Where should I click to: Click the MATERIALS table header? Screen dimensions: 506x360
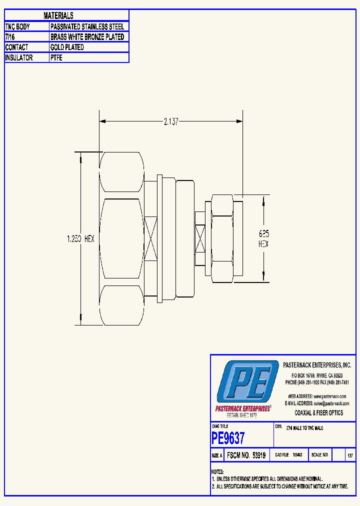pyautogui.click(x=58, y=16)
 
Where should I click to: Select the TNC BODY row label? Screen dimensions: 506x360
pyautogui.click(x=17, y=26)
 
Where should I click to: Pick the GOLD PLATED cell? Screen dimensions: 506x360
pyautogui.click(x=67, y=47)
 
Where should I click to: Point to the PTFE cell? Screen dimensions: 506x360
pyautogui.click(x=56, y=58)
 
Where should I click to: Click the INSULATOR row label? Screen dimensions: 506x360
pyautogui.click(x=19, y=58)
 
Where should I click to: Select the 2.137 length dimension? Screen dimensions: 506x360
pyautogui.click(x=171, y=121)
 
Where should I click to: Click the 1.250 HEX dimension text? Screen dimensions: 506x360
pyautogui.click(x=80, y=239)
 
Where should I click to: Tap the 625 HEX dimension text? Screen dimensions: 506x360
pyautogui.click(x=263, y=238)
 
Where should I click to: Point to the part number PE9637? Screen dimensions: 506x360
pyautogui.click(x=228, y=438)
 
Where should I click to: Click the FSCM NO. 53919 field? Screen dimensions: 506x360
pyautogui.click(x=245, y=455)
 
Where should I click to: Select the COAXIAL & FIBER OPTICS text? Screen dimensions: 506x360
pyautogui.click(x=318, y=412)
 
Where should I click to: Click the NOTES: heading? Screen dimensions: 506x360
pyautogui.click(x=217, y=472)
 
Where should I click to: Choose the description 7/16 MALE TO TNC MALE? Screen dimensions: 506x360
pyautogui.click(x=304, y=428)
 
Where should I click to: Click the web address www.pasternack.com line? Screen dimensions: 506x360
pyautogui.click(x=316, y=396)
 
